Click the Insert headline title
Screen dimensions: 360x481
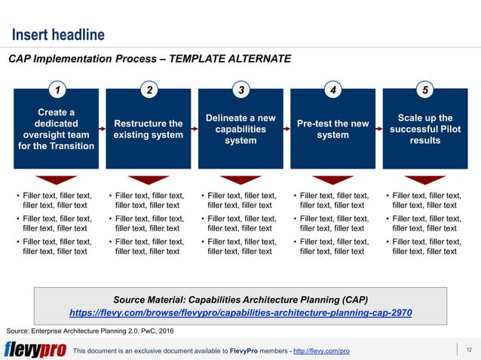pos(57,35)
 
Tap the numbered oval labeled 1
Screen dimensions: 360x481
pos(57,91)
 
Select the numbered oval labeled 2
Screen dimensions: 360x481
pos(149,91)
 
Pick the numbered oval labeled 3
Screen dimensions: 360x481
pos(240,91)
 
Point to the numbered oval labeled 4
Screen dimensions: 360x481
pos(333,91)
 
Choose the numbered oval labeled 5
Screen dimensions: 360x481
pos(425,91)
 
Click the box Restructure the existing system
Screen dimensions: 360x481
pos(149,130)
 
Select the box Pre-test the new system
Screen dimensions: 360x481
pos(332,130)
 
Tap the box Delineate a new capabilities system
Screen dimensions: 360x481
pos(240,130)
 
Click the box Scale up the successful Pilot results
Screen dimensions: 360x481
pos(425,130)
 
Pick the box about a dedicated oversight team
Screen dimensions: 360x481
pos(57,130)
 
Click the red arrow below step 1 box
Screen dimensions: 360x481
pos(57,180)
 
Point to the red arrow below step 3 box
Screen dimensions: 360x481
pos(240,180)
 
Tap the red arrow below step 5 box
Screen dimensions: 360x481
pos(425,180)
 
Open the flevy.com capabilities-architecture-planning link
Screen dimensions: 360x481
pos(240,312)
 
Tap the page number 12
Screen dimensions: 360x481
pos(469,349)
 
